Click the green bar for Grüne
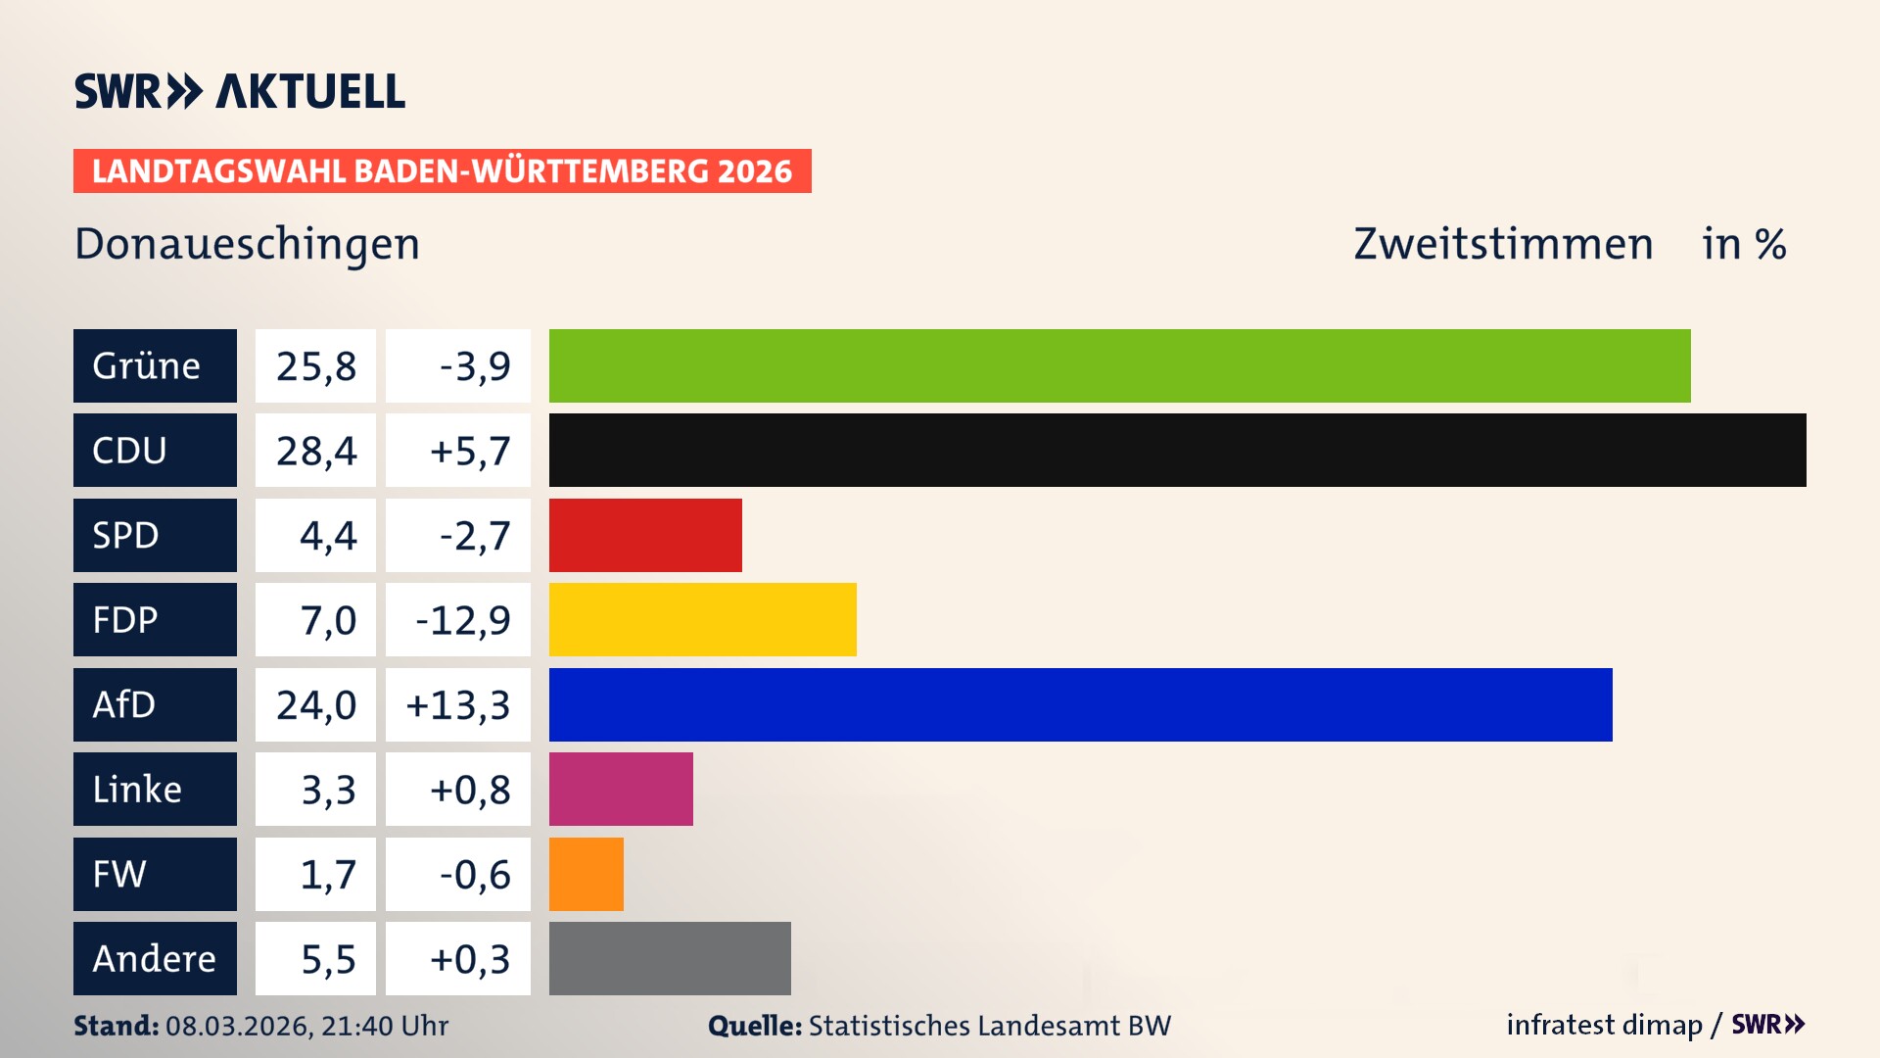click(1119, 365)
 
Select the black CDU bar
click(1177, 450)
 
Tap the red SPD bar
click(645, 535)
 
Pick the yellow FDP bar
click(702, 619)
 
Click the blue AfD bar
click(1080, 704)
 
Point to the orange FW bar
click(586, 874)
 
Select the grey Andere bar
click(670, 958)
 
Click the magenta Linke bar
click(621, 789)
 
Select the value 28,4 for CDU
click(315, 451)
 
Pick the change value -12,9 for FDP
click(462, 620)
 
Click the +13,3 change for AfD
click(458, 705)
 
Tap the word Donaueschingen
click(247, 244)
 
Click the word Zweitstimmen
click(1503, 244)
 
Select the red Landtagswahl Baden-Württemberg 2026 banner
click(442, 170)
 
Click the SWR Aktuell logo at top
click(240, 91)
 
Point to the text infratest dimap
click(1604, 1025)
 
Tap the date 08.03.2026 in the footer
click(238, 1026)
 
